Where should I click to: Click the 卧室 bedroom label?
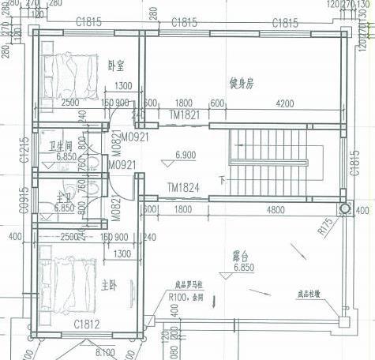click(x=117, y=66)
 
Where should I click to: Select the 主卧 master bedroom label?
click(x=110, y=283)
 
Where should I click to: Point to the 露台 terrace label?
click(x=241, y=256)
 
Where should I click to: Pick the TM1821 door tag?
click(x=183, y=114)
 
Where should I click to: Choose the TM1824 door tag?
click(x=183, y=188)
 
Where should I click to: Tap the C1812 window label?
click(x=87, y=324)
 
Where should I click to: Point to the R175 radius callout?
click(x=325, y=229)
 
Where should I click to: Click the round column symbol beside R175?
click(x=344, y=209)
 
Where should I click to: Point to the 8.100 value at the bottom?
click(x=105, y=351)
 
